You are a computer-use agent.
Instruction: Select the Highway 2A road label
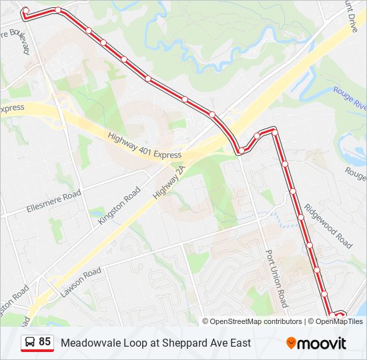171,181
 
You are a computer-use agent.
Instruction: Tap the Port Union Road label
276,278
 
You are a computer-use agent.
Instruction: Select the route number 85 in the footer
45,342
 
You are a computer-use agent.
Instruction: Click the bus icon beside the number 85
30,343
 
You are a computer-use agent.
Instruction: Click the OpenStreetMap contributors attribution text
256,321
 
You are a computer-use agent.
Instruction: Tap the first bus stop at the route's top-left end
26,11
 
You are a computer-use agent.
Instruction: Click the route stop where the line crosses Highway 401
240,151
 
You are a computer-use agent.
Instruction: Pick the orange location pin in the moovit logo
291,343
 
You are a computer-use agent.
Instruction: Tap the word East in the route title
239,343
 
